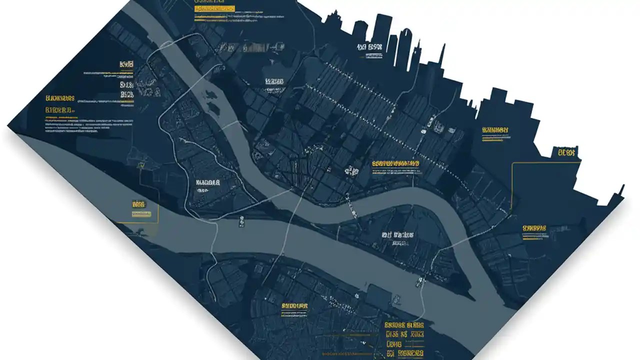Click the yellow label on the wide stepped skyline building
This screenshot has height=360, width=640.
click(x=495, y=130)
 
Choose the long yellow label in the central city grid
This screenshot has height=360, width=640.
click(x=395, y=163)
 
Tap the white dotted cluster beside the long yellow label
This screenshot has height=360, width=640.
click(x=352, y=171)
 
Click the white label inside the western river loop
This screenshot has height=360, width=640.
click(x=208, y=182)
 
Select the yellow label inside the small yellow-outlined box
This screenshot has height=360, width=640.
click(x=138, y=204)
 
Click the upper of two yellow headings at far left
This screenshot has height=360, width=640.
click(x=60, y=98)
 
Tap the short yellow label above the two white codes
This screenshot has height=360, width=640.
click(x=126, y=64)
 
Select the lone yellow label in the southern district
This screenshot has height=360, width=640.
click(x=294, y=305)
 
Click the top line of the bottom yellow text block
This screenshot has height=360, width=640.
click(x=404, y=324)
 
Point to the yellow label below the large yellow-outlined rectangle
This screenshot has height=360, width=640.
click(x=534, y=228)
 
